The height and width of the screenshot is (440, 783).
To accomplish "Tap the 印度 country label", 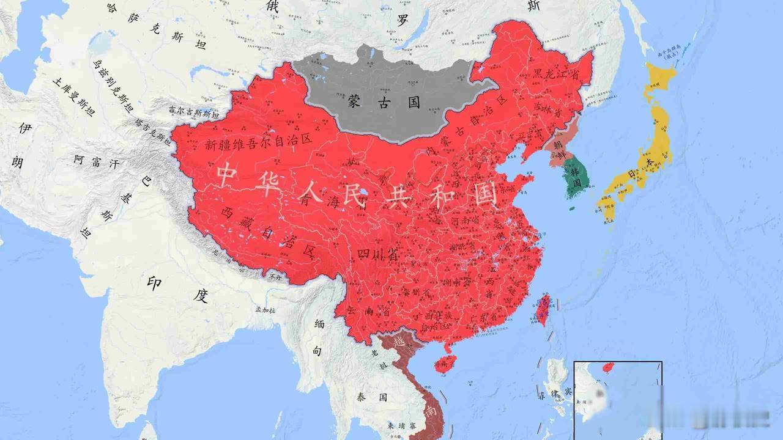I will pos(177,288).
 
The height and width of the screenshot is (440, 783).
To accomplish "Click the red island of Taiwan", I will pos(542,310).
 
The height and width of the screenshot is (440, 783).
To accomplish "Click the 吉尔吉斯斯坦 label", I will pos(193,111).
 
